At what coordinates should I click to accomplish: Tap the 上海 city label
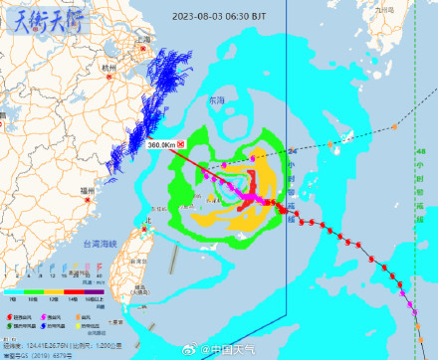click(144, 40)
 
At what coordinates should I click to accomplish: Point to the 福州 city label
click(87, 190)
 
